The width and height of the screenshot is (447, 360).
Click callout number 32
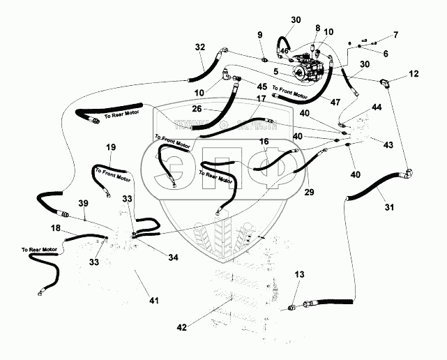click(200, 47)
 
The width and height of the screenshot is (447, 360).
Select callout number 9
click(260, 35)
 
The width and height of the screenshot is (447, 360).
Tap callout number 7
click(396, 33)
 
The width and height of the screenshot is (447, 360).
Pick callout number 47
click(335, 102)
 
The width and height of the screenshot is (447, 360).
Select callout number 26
click(197, 109)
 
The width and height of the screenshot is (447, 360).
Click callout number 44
click(377, 107)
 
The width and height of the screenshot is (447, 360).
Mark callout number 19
click(110, 147)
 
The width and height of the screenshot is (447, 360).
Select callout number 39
click(84, 203)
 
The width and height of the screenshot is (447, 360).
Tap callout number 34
click(173, 257)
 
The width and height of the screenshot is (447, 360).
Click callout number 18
click(55, 228)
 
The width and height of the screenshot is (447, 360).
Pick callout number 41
click(154, 301)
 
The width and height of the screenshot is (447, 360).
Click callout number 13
click(299, 275)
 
